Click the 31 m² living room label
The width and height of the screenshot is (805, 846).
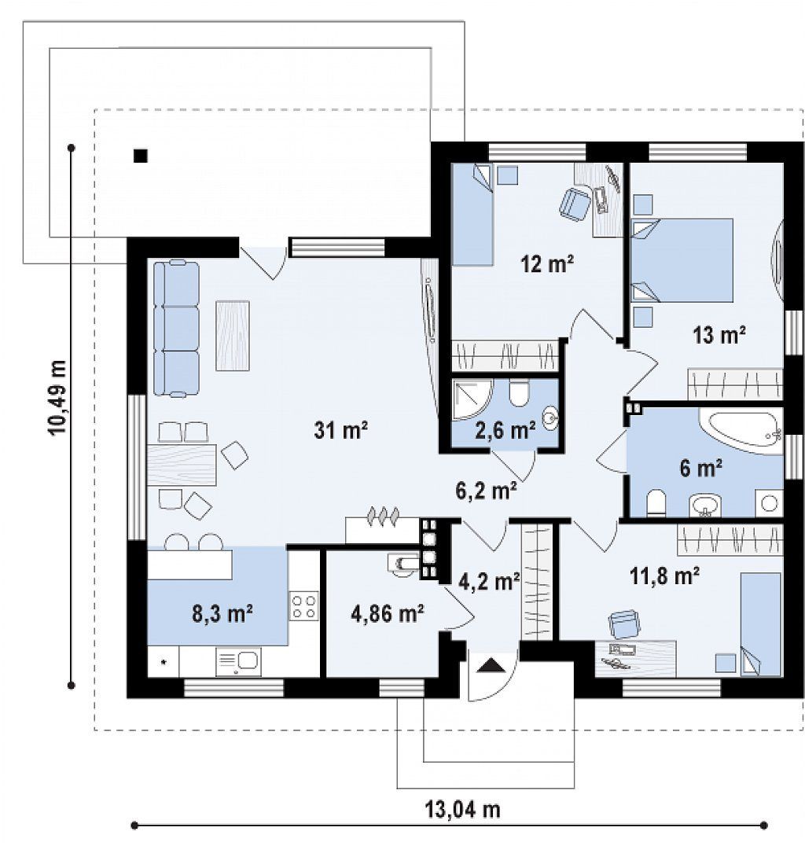341,430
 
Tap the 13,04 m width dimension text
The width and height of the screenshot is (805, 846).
462,809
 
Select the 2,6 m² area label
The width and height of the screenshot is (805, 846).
505,430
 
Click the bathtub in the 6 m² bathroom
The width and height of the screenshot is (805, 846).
741,428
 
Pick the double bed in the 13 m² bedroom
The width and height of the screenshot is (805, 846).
682,260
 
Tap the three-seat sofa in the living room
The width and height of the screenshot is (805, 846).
176,328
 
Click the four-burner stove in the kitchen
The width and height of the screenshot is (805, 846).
303,606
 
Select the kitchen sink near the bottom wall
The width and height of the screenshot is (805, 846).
238,661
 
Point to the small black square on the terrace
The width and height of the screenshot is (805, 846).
140,156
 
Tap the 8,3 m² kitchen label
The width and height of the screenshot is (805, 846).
222,613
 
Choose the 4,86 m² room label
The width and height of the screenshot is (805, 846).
387,613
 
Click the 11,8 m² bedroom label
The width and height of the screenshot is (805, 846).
665,576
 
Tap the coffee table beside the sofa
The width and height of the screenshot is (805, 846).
233,336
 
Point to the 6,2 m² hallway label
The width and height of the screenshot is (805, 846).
487,491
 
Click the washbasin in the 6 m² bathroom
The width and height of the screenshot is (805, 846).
705,506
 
